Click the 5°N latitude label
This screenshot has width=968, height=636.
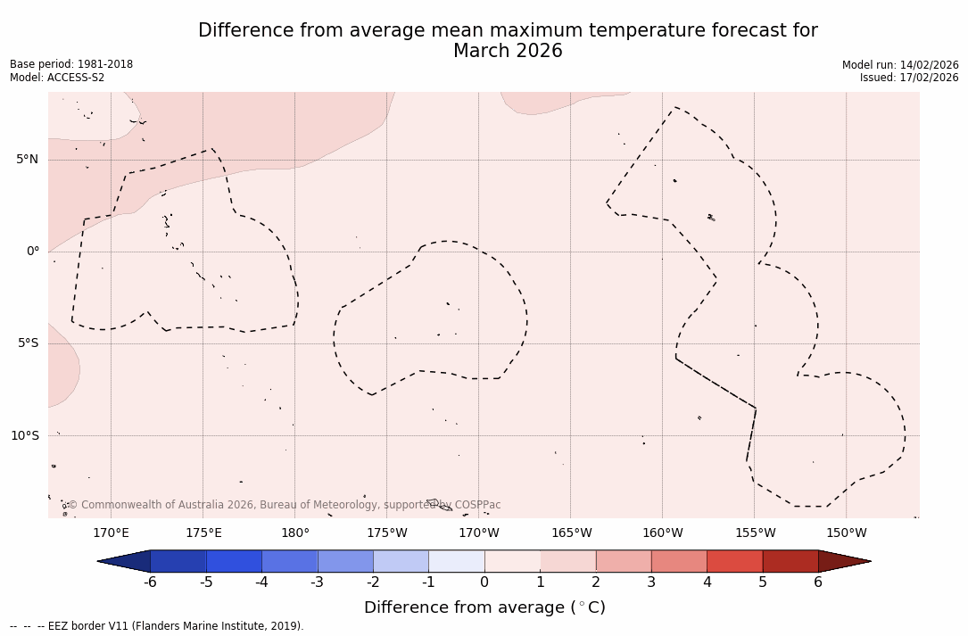coord(27,160)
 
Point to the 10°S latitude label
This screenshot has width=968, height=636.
coord(24,435)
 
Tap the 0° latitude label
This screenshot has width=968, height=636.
coord(33,252)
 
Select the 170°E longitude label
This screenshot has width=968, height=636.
coord(111,533)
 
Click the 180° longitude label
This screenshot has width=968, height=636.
coord(295,533)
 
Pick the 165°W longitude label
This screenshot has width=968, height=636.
coord(571,533)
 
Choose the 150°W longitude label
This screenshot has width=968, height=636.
coord(846,533)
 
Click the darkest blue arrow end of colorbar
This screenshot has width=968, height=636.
coord(125,561)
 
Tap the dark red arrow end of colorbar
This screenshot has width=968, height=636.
coord(843,561)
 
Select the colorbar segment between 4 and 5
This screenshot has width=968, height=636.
coord(734,561)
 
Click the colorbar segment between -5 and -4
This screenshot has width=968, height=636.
coord(234,561)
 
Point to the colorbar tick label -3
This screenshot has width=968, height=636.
coord(317,582)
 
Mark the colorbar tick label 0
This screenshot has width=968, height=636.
coord(484,582)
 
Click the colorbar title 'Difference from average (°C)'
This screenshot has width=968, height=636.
coord(484,607)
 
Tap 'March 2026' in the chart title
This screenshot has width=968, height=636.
coord(508,51)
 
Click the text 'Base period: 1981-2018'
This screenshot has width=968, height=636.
coord(71,64)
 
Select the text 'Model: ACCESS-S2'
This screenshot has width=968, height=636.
coord(57,78)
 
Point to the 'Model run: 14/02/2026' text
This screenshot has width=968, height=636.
coord(900,65)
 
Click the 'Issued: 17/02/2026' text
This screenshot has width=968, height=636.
coord(909,78)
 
